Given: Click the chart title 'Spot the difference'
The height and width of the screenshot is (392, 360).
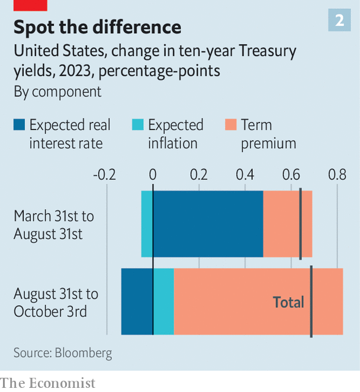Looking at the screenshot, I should [97, 27].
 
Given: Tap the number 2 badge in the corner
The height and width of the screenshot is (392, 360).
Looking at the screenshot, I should [339, 21].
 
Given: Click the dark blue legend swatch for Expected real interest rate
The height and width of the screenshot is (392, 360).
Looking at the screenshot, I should [19, 125].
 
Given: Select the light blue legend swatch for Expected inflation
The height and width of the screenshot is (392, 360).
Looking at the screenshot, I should [137, 125].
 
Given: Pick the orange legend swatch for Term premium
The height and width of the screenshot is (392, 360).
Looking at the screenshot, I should [231, 125].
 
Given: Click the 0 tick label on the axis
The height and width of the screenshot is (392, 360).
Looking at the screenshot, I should [153, 175].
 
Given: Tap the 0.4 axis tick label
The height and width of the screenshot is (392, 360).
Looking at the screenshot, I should [245, 175].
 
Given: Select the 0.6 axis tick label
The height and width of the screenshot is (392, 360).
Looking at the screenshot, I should [291, 175].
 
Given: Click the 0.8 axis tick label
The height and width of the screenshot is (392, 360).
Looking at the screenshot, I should [337, 175].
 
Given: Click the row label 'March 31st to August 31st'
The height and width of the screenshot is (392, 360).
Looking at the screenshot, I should [53, 224].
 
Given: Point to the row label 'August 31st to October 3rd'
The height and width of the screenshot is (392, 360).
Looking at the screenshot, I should [56, 302].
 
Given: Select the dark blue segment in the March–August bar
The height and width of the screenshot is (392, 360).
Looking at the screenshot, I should [208, 224].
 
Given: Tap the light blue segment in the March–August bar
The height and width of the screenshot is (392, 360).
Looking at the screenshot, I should [146, 224].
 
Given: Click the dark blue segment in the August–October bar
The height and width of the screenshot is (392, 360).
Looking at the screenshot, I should [137, 301].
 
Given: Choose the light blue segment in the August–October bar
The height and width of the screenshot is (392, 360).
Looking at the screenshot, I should [163, 301].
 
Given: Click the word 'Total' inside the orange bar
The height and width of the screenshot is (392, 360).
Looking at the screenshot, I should [288, 302].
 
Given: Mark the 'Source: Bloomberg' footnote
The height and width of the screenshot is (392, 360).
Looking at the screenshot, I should [63, 353].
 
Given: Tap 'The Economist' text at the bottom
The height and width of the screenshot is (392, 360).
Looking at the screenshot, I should [47, 383].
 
